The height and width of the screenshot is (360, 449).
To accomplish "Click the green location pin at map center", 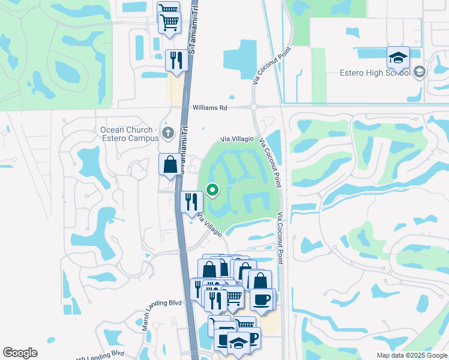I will tap(212, 190).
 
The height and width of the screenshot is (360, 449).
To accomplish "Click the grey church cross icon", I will tap(169, 133).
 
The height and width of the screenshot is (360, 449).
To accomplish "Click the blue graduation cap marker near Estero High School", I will tap(398, 58).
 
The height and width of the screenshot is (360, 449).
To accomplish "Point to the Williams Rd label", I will tap(210, 108).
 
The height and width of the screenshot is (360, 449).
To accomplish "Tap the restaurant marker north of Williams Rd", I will tap(176, 61).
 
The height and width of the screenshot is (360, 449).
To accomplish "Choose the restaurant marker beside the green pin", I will tap(191, 202).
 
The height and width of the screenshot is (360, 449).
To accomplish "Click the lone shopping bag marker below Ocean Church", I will tap(170, 164).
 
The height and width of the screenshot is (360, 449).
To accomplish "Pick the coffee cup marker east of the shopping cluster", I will tap(261, 299).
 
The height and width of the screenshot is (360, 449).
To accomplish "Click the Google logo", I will tap(20, 353).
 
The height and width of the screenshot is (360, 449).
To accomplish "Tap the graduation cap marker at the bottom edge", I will tap(238, 344).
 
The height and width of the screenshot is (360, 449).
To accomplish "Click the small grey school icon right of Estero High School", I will tap(419, 73).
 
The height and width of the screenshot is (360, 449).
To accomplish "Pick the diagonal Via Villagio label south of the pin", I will tap(209, 225).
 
